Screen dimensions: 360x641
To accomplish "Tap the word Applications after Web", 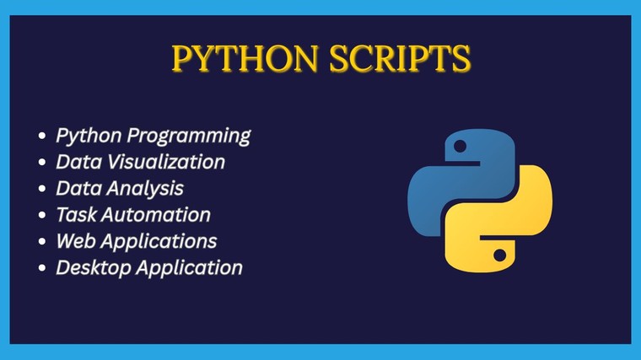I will click(x=158, y=241).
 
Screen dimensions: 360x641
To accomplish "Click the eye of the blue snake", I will click(x=460, y=146).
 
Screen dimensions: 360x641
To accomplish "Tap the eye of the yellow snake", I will click(x=501, y=253).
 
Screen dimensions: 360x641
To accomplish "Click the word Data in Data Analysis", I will click(x=75, y=188).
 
